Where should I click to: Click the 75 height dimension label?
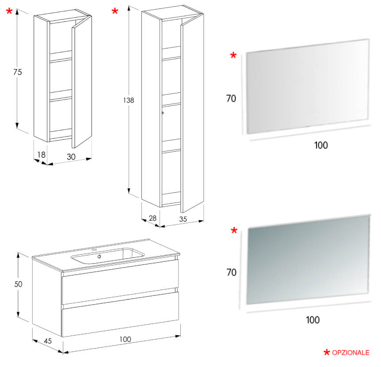click(18, 72)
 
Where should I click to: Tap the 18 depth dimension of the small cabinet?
click(42, 154)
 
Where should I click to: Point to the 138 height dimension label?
click(129, 100)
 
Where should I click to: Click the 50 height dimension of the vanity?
click(18, 284)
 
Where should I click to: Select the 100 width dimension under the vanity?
click(125, 339)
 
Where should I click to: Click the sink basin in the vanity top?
click(108, 256)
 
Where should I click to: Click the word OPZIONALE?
click(351, 352)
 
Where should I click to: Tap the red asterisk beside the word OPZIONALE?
click(327, 352)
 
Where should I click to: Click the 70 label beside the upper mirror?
click(231, 99)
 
